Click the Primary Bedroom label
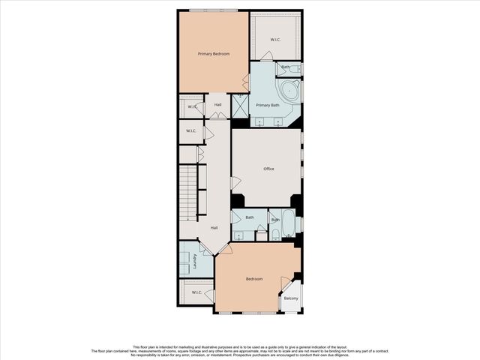pyautogui.click(x=214, y=54)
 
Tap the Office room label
pyautogui.click(x=268, y=169)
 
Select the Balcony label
pyautogui.click(x=291, y=299)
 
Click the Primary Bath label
pyautogui.click(x=268, y=105)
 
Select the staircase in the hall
pyautogui.click(x=187, y=190)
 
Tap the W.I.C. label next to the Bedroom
pyautogui.click(x=196, y=292)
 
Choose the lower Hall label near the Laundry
pyautogui.click(x=214, y=227)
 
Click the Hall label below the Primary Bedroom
pyautogui.click(x=217, y=104)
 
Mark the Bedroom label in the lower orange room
pyautogui.click(x=254, y=279)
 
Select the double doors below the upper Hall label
pyautogui.click(x=217, y=115)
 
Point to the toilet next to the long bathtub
pyautogui.click(x=275, y=234)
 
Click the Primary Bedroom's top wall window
pyautogui.click(x=214, y=10)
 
